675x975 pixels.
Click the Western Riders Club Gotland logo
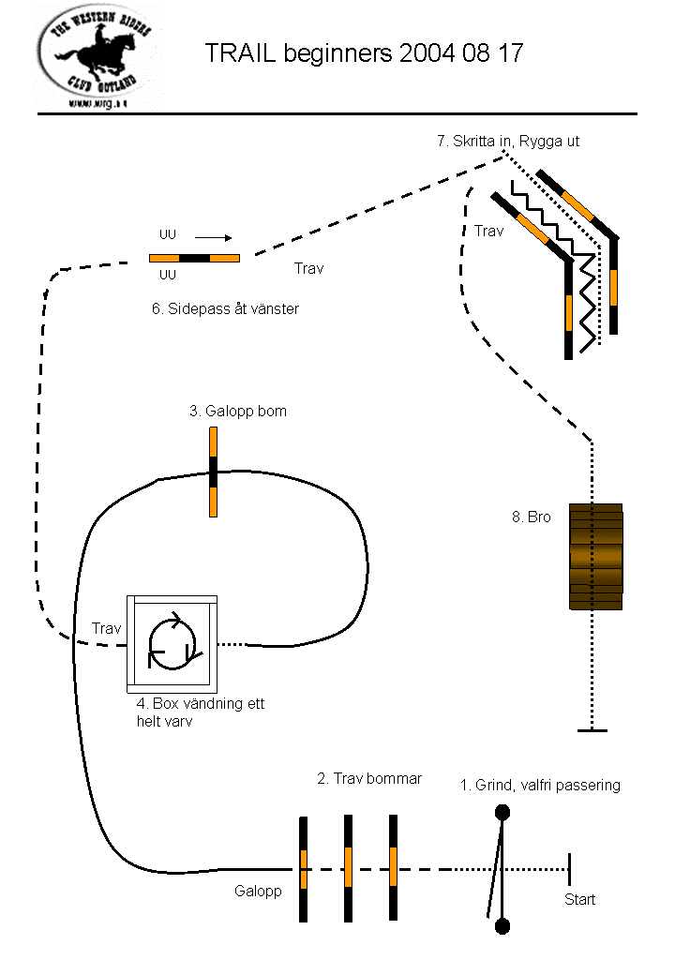(x=97, y=57)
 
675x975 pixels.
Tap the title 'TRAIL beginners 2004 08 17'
(x=364, y=53)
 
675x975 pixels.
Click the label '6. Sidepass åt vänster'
(x=225, y=308)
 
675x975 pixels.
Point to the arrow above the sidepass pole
(x=213, y=237)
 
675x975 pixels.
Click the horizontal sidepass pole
(x=194, y=257)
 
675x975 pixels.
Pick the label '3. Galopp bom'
(x=238, y=411)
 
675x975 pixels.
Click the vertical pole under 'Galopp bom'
(x=213, y=472)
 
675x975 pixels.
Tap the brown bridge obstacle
(x=595, y=557)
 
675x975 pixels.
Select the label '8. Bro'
(x=531, y=517)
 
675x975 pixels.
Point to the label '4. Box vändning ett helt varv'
(x=200, y=712)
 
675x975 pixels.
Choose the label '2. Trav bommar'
(x=369, y=778)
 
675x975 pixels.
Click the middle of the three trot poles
(x=348, y=867)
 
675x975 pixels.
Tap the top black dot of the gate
(x=502, y=812)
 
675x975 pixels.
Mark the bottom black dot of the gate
(x=502, y=926)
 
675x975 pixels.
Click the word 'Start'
(x=579, y=900)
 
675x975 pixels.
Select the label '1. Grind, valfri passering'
(x=540, y=785)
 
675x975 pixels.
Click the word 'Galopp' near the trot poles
(x=258, y=892)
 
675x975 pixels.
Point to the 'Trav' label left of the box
(x=107, y=628)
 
